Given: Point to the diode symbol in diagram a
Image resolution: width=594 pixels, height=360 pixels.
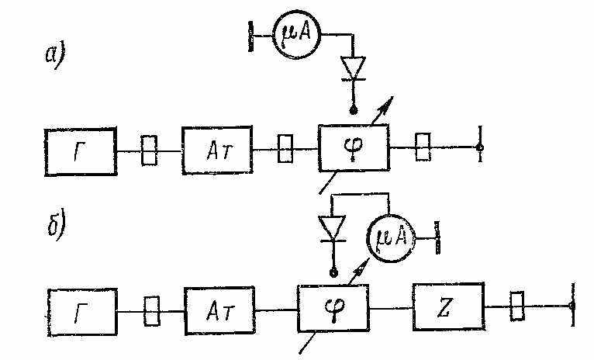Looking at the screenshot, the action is [353, 68].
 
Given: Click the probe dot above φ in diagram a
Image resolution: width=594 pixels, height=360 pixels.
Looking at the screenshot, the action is [354, 111].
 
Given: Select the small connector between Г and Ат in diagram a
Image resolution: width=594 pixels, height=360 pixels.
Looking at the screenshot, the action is [149, 151].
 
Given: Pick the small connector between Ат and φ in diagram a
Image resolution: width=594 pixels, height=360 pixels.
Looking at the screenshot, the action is [285, 148].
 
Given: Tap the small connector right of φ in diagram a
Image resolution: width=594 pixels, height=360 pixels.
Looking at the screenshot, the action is [423, 147].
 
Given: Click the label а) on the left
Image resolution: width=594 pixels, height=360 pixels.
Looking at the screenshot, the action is [55, 55].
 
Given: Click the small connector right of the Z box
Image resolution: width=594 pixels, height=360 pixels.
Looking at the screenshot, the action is [517, 306].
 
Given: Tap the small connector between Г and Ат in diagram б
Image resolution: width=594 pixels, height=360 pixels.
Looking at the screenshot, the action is [152, 311].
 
